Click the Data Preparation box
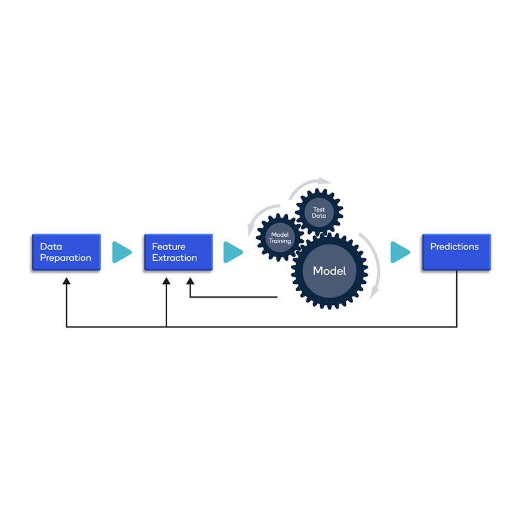pyautogui.click(x=66, y=252)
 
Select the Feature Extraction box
pyautogui.click(x=179, y=252)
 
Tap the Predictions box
pyautogui.click(x=456, y=252)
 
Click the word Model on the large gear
pyautogui.click(x=330, y=271)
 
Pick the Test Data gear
pyautogui.click(x=319, y=212)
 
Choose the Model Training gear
pyautogui.click(x=280, y=237)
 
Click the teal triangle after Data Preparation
pyautogui.click(x=122, y=252)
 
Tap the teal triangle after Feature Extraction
pyautogui.click(x=233, y=252)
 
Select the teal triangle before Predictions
pyautogui.click(x=400, y=252)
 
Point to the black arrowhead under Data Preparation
pyautogui.click(x=67, y=281)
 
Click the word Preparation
pyautogui.click(x=66, y=258)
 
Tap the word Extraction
pyautogui.click(x=175, y=258)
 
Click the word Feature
pyautogui.click(x=169, y=246)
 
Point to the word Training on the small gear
pyautogui.click(x=280, y=241)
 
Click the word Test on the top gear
pyautogui.click(x=319, y=209)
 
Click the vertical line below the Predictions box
pyautogui.click(x=457, y=298)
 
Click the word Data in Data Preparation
pyautogui.click(x=51, y=246)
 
